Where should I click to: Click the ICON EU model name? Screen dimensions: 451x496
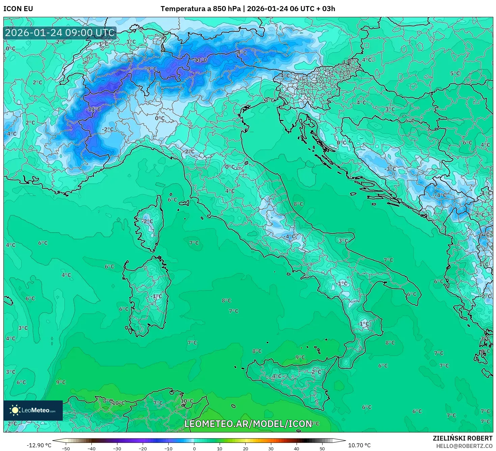click(x=18, y=9)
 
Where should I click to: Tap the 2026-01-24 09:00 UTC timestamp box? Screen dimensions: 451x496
click(x=60, y=33)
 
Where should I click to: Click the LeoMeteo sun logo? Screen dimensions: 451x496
click(x=15, y=410)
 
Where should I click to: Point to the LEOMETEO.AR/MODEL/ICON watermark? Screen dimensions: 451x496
click(x=248, y=424)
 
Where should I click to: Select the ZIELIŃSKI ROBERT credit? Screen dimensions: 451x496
click(x=463, y=438)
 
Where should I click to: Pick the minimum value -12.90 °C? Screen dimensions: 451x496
click(x=39, y=445)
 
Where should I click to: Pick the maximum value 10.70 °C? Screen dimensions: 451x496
click(x=359, y=445)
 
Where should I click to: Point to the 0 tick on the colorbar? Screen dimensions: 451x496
click(x=194, y=448)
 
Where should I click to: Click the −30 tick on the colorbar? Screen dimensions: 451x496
click(x=117, y=448)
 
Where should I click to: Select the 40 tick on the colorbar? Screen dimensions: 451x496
click(x=297, y=448)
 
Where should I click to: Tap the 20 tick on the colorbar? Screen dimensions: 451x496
click(x=245, y=448)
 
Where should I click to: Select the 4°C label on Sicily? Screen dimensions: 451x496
click(x=277, y=376)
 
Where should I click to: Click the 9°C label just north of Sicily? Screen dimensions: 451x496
click(x=300, y=357)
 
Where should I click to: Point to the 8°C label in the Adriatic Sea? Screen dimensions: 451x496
click(x=298, y=204)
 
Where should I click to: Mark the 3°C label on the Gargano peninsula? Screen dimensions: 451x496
click(x=343, y=241)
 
